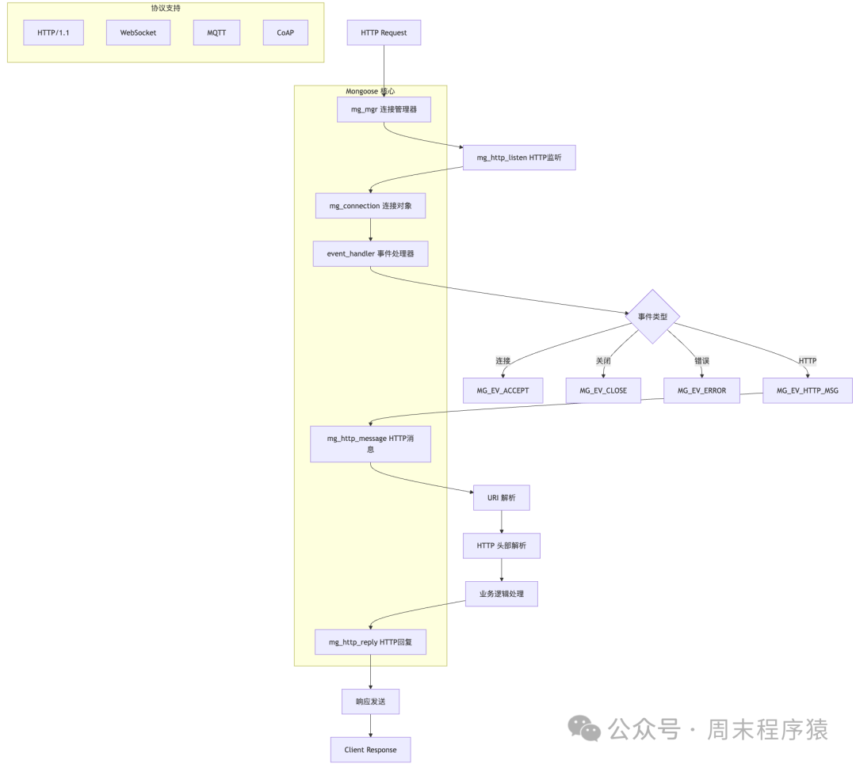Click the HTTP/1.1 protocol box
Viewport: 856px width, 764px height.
coord(53,33)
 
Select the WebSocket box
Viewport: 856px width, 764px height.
coord(138,33)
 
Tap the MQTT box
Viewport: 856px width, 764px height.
coord(216,33)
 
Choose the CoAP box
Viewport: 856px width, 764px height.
coord(285,33)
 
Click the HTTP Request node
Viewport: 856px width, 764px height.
coord(384,33)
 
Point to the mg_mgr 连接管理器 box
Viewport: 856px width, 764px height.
coord(384,109)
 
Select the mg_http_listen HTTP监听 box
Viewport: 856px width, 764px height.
coord(519,158)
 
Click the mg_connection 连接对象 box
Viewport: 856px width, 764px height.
coord(370,206)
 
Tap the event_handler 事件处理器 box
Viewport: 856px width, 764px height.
coord(370,253)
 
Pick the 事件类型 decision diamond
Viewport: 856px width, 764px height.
coord(653,317)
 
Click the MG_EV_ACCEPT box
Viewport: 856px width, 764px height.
coord(503,390)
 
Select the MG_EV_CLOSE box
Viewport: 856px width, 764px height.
coord(603,390)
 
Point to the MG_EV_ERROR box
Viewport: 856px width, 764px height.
coord(701,390)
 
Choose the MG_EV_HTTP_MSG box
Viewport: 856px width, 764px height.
coord(808,390)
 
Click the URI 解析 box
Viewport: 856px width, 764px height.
coord(501,498)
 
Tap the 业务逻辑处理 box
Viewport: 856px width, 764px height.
coord(501,594)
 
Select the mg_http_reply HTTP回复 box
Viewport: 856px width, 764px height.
coord(370,642)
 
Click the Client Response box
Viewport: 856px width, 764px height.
coord(370,750)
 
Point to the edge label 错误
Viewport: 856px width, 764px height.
coord(701,361)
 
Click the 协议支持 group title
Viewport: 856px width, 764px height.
coord(166,9)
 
